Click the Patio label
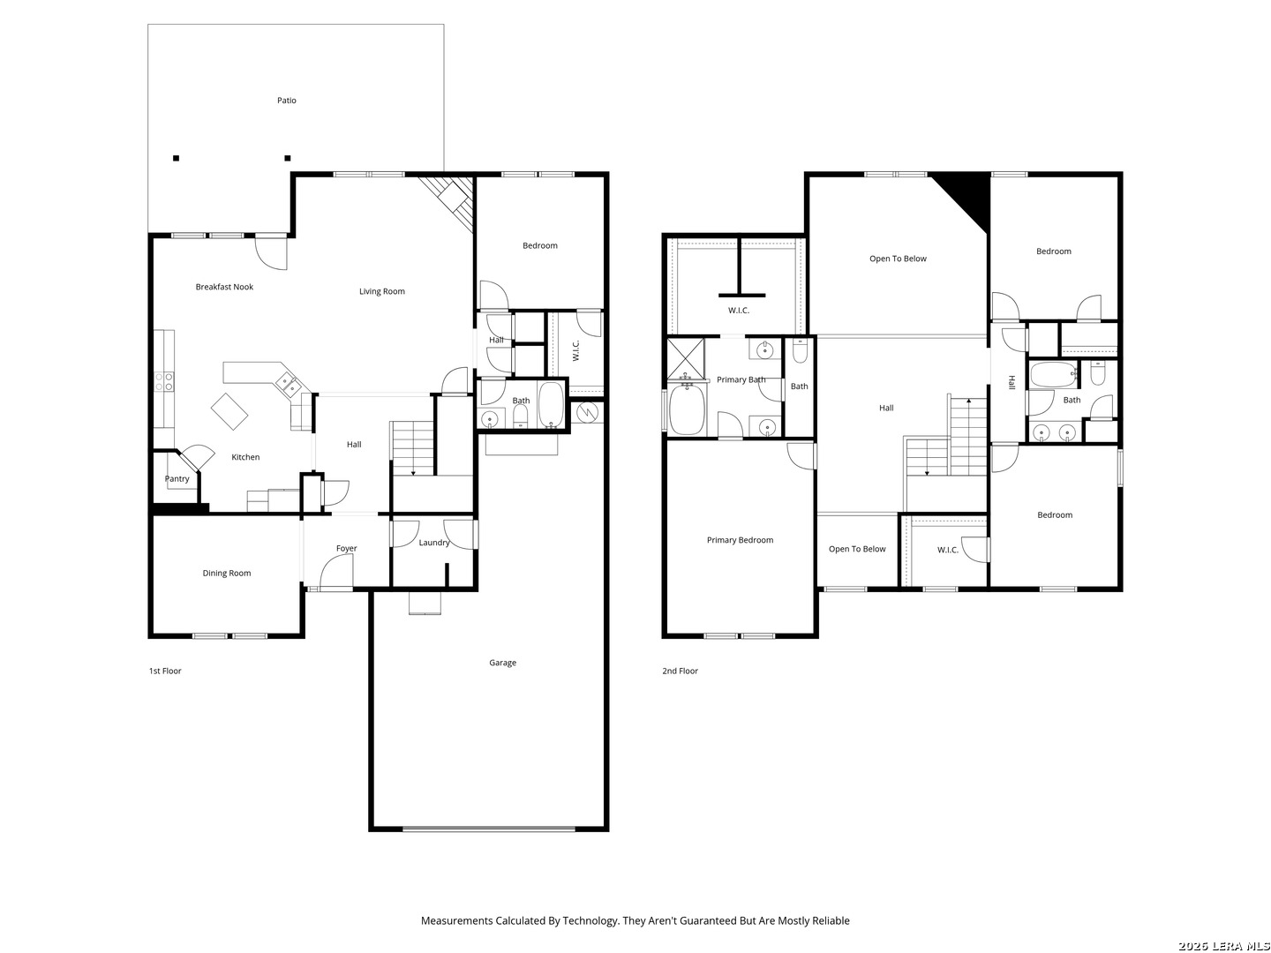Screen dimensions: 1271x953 click(x=286, y=100)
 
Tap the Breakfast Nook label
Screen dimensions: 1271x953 click(x=224, y=287)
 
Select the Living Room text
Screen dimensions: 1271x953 click(x=381, y=291)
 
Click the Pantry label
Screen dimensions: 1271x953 click(x=177, y=478)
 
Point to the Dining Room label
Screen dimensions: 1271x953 click(x=227, y=573)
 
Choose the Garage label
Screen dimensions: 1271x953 click(x=502, y=663)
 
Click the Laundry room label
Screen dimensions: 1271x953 click(x=433, y=542)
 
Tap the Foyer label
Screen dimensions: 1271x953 click(x=346, y=548)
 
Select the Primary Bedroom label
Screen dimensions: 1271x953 click(x=740, y=540)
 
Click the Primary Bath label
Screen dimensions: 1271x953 click(x=741, y=379)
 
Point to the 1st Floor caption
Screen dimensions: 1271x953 click(x=165, y=671)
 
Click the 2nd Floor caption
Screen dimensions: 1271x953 click(x=680, y=671)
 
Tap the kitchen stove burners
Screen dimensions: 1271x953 click(x=164, y=381)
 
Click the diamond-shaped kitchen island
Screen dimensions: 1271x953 click(x=229, y=411)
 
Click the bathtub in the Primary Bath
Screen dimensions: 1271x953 click(x=687, y=409)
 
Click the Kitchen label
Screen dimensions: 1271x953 click(x=245, y=456)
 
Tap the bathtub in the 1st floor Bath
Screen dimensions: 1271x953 click(x=551, y=404)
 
